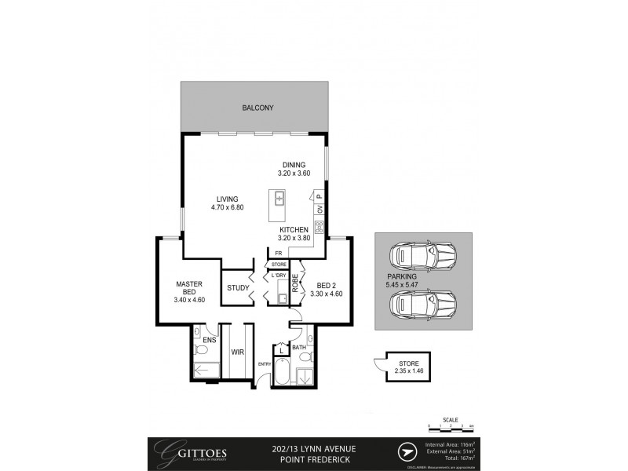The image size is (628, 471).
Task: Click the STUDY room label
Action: point(237,288)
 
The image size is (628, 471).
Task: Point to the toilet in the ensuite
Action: point(201,348)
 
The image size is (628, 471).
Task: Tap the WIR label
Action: point(237,352)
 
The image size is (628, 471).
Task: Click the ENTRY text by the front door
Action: point(265,363)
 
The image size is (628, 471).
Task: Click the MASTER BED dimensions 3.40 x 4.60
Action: point(189,299)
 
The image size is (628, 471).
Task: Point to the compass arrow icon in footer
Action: point(406,453)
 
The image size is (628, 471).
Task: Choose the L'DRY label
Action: point(278,276)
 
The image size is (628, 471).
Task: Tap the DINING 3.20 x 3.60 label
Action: point(295,169)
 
